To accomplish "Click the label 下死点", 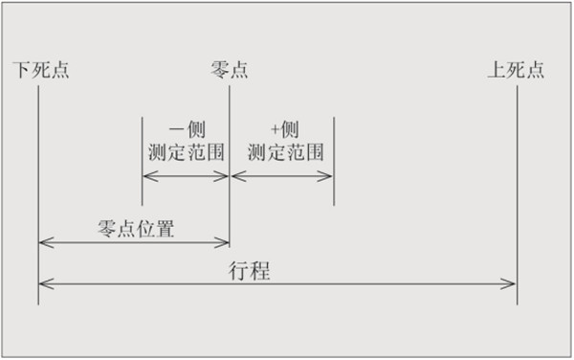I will pyautogui.click(x=41, y=70).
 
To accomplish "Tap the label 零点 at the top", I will pyautogui.click(x=229, y=70).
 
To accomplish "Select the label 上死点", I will pyautogui.click(x=517, y=70).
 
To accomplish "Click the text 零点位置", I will pyautogui.click(x=136, y=229).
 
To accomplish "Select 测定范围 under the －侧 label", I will pyautogui.click(x=186, y=151).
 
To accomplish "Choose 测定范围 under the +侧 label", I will pyautogui.click(x=284, y=151).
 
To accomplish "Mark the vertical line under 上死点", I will pyautogui.click(x=517, y=191).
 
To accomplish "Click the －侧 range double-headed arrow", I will pyautogui.click(x=186, y=175).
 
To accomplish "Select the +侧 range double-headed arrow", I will pyautogui.click(x=282, y=175).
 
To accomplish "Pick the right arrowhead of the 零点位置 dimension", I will pyautogui.click(x=224, y=242).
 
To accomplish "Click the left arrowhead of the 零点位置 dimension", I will pyautogui.click(x=44, y=242).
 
